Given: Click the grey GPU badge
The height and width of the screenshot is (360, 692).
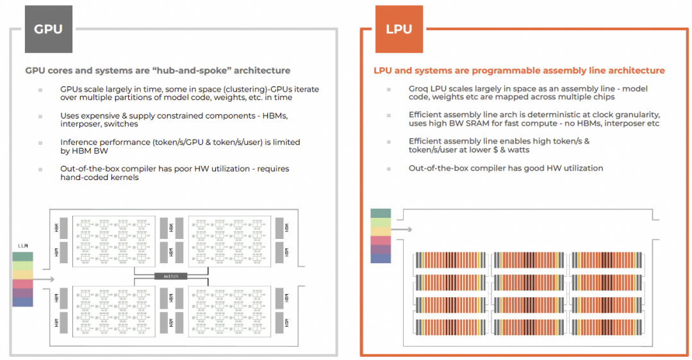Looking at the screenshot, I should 48,29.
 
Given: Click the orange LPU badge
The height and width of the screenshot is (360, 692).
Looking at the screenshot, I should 399,29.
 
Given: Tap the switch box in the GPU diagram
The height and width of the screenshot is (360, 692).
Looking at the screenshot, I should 170,275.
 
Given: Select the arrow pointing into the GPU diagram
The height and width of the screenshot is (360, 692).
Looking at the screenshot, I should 39,279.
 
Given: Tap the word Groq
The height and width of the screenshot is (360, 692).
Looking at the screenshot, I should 419,88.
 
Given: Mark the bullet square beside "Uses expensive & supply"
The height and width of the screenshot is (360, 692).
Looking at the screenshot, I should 40,116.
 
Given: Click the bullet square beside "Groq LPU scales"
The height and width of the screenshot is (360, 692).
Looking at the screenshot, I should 389,89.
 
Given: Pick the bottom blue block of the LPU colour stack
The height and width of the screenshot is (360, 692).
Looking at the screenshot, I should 381,258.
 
